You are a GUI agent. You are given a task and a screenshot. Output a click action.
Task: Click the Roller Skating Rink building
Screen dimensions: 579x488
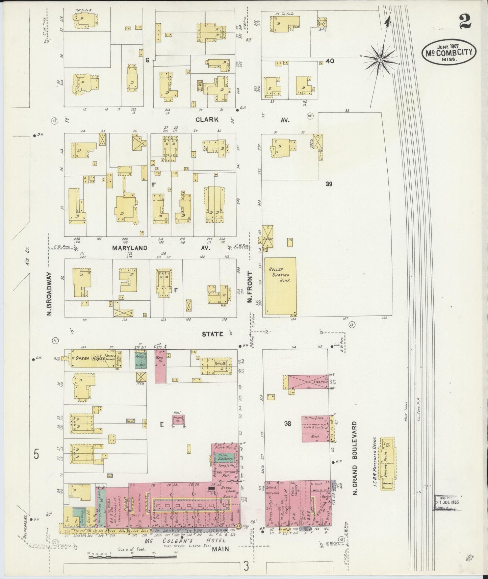click(280, 287)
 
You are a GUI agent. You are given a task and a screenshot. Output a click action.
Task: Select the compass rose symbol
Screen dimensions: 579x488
click(380, 60)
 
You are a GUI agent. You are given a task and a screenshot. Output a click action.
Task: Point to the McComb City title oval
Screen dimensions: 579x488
click(449, 53)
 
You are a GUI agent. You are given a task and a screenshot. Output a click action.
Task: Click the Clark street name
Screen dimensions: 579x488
click(206, 120)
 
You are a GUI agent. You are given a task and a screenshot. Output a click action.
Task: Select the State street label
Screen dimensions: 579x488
click(212, 334)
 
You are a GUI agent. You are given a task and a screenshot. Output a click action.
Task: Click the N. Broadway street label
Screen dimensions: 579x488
click(49, 294)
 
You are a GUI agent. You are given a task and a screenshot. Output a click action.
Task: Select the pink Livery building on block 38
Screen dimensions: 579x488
click(308, 382)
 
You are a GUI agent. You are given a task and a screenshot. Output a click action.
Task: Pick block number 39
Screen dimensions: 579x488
click(329, 184)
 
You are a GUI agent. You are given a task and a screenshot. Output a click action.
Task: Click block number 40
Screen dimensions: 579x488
click(330, 61)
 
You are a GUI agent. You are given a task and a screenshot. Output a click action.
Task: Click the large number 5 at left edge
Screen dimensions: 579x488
click(36, 455)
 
